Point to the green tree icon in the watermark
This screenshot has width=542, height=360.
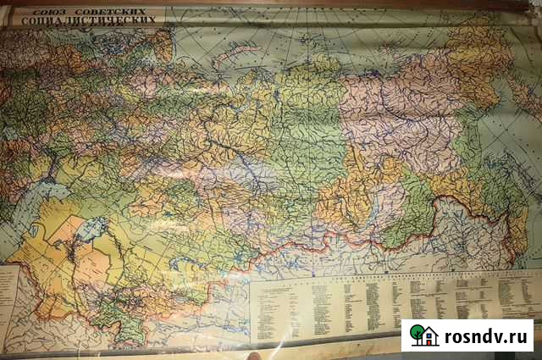click(x=417, y=333)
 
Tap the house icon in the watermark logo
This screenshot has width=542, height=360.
click(x=429, y=337)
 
